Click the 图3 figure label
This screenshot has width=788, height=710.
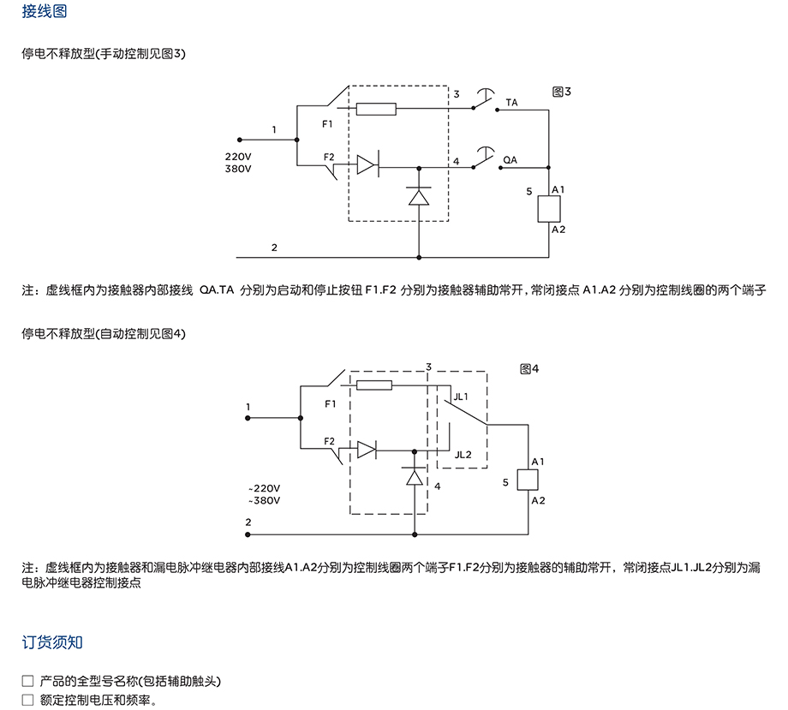[x=562, y=92]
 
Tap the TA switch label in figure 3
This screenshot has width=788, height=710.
[x=511, y=103]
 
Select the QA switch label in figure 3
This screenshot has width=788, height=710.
[x=510, y=160]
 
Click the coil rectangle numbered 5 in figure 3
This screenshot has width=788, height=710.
[x=548, y=209]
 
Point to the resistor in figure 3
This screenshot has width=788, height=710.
[x=375, y=109]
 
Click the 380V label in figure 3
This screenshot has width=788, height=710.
[x=238, y=169]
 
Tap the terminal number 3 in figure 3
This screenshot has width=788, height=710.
[x=457, y=94]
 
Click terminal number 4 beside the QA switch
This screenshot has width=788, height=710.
[x=457, y=161]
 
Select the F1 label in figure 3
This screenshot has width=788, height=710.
[x=328, y=124]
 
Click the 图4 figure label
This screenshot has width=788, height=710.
[x=528, y=368]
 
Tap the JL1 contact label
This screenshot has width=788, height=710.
[x=461, y=397]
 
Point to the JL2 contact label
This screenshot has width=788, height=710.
[x=463, y=455]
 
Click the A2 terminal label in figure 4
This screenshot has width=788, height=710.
[x=538, y=500]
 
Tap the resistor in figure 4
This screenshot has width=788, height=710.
[x=373, y=385]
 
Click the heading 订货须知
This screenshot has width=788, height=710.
[x=52, y=642]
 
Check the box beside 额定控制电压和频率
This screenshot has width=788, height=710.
[x=27, y=700]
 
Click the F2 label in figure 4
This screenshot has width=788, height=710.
[x=330, y=440]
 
